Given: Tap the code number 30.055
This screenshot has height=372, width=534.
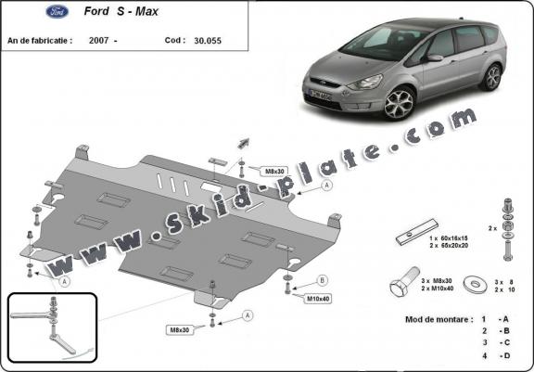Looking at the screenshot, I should click(x=213, y=42).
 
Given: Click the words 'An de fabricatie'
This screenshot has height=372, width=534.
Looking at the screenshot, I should click(x=41, y=42).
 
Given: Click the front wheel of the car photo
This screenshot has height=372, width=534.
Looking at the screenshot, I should click(x=400, y=103).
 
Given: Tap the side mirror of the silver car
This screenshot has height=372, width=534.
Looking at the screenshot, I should click(x=434, y=58).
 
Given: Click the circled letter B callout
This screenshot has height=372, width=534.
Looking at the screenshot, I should click(x=323, y=280).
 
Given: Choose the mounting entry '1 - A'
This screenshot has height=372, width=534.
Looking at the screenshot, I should click(x=494, y=318).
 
